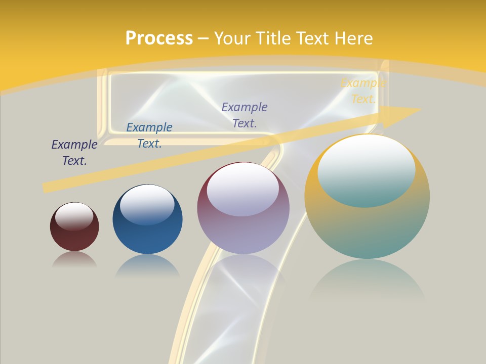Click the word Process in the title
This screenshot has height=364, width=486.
click(x=159, y=38)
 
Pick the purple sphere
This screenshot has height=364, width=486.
click(x=243, y=233)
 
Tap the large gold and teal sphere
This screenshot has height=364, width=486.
click(x=367, y=227)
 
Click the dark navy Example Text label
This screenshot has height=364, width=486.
click(x=74, y=153)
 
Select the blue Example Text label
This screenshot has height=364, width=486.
click(x=149, y=135)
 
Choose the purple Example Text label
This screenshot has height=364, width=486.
click(x=245, y=115)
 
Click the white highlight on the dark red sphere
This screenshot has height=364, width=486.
click(x=74, y=216)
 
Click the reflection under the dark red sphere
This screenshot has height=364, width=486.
click(x=74, y=259)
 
